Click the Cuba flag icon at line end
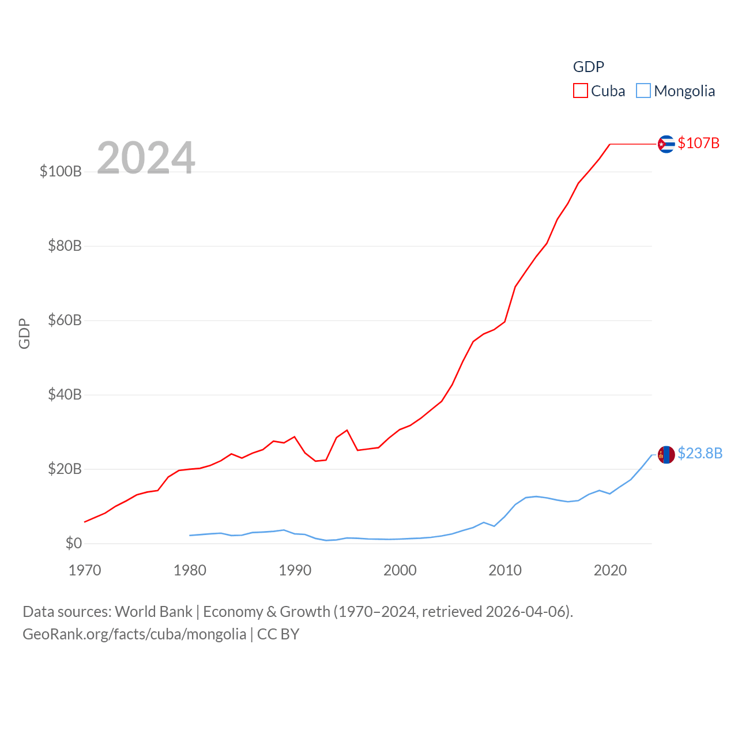[x=666, y=144]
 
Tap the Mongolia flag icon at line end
[x=666, y=455]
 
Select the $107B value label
[x=698, y=143]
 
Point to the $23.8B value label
[x=700, y=453]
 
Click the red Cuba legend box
[x=580, y=91]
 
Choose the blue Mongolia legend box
[x=643, y=91]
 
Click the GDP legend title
[x=588, y=67]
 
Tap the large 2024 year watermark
[x=146, y=157]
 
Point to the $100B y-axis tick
[x=61, y=171]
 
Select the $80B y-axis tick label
[x=65, y=246]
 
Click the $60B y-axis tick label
[x=65, y=320]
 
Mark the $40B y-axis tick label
[x=65, y=394]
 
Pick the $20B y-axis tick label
[x=65, y=469]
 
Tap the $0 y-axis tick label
[x=74, y=543]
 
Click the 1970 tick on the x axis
[x=85, y=570]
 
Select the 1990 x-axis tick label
[x=295, y=570]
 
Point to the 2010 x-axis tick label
[x=505, y=570]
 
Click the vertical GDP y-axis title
[x=24, y=333]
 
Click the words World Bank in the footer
[x=153, y=611]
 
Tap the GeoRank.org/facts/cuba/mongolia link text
[x=134, y=634]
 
